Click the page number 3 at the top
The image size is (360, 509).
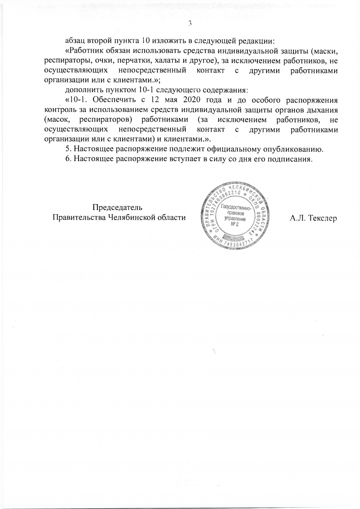click(x=190, y=24)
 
